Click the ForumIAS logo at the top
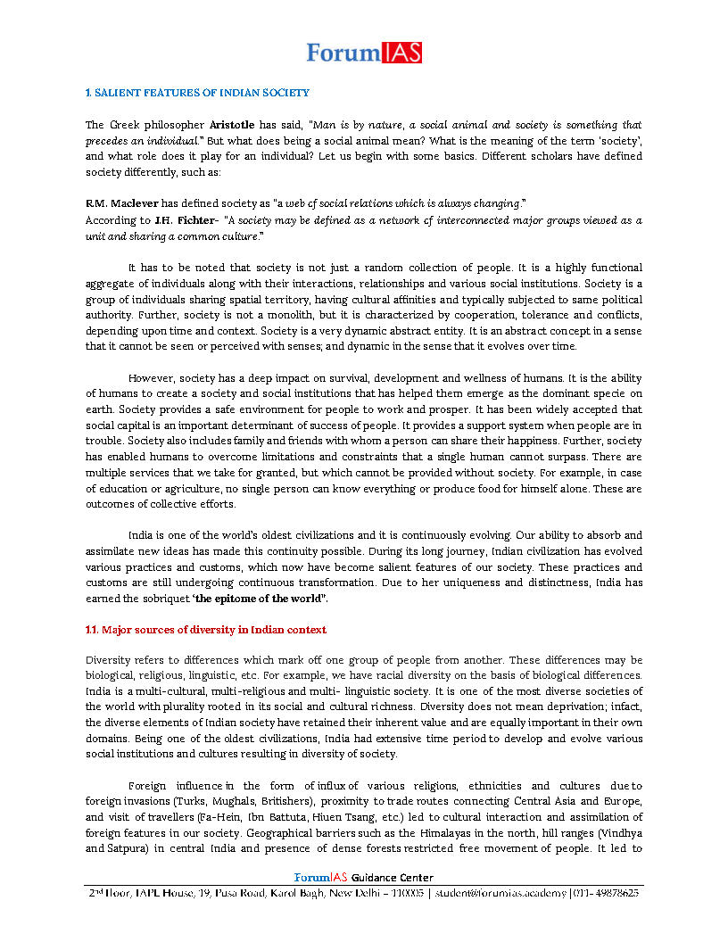pos(364,53)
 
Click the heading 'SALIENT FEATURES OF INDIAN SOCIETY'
pos(200,93)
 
